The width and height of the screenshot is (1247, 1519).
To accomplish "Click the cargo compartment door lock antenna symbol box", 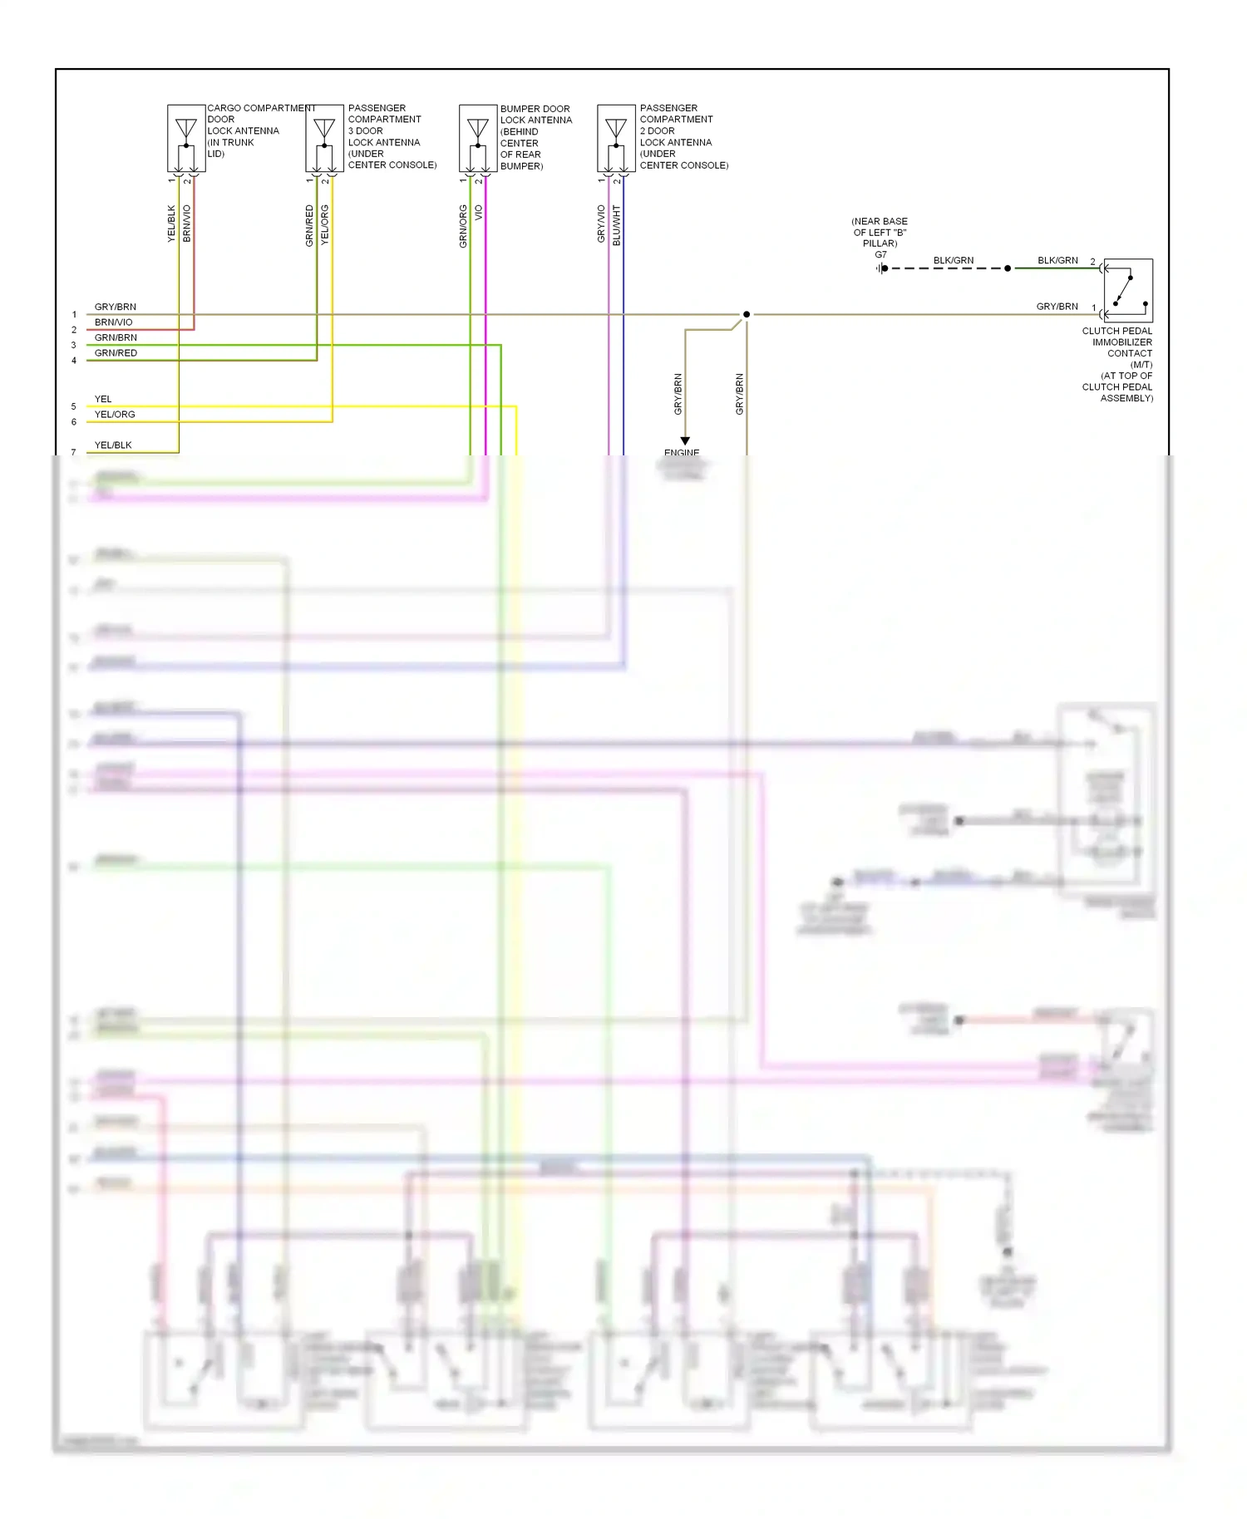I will pos(186,139).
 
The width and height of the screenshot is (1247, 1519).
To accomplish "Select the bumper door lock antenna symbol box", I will pos(478,139).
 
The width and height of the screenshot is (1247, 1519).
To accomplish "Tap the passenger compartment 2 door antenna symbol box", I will pos(616,139).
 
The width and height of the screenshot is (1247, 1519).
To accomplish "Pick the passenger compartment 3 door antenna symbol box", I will pos(324,139).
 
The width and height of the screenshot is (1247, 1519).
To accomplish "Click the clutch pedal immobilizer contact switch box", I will pos(1128,291).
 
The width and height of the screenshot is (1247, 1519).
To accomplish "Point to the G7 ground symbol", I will pos(881,268).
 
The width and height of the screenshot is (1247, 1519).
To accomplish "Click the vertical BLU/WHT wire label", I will pos(617,225).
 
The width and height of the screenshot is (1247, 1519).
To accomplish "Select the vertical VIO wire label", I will pos(479,213).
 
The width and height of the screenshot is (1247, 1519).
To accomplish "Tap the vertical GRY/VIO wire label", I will pos(601,224).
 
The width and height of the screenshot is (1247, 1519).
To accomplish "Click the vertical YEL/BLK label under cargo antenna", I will pos(172,224).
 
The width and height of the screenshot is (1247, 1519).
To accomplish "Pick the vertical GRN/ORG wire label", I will pos(463,226).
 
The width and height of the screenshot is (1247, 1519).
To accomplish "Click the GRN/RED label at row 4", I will pos(116,353).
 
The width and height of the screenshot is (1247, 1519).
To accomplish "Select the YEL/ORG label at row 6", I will pos(115,415).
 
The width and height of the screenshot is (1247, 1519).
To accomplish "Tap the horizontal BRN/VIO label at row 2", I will pos(113,322).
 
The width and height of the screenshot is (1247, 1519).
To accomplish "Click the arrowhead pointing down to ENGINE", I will pos(685,441).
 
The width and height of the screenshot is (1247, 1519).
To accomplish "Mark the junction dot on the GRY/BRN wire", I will pos(747,314).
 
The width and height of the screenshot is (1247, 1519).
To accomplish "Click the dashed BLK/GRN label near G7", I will pos(953,260).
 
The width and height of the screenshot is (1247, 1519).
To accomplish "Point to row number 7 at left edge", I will pos(73,453).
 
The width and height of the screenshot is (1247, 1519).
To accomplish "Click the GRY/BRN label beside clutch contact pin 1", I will pos(1057,307).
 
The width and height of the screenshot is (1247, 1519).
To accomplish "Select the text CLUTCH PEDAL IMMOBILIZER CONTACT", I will pos(1118,342).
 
